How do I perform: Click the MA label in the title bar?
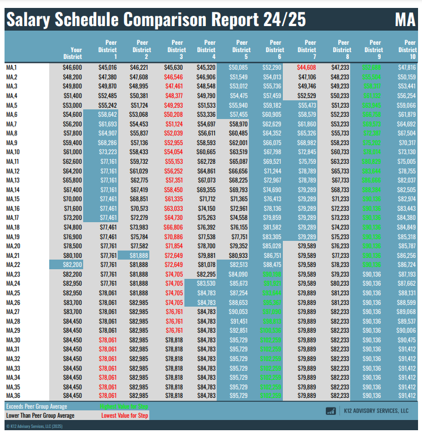pos(405,20)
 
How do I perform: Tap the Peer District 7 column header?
pos(310,49)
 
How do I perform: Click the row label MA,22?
pos(13,265)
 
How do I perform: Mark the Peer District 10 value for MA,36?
pos(407,396)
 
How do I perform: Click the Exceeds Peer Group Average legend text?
pos(36,406)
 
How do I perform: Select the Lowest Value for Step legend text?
pos(125,415)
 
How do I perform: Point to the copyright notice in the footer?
pos(33,426)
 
